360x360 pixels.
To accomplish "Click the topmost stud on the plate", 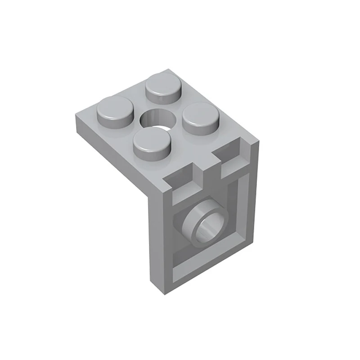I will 163,85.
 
